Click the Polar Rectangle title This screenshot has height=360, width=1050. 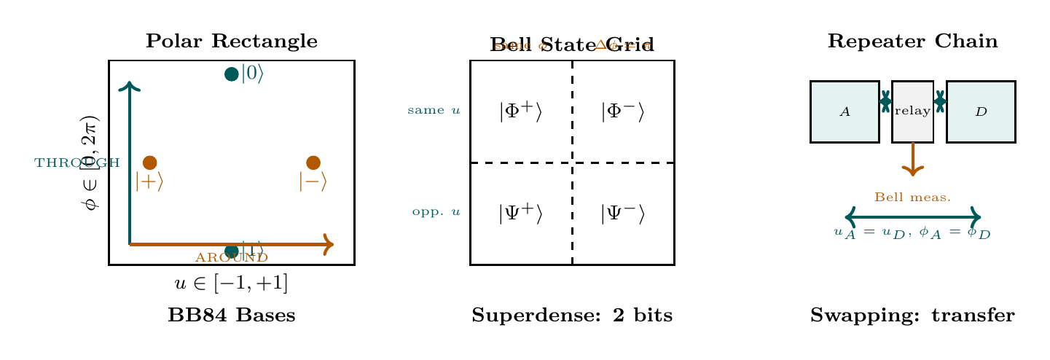tap(231, 42)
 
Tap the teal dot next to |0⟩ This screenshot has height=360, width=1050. tap(232, 74)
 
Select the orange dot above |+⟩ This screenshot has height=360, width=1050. tap(150, 163)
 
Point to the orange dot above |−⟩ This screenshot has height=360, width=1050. tap(313, 163)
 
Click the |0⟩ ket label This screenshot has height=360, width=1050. tap(251, 74)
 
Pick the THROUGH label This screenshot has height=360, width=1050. tap(77, 163)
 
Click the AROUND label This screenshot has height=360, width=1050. tap(232, 258)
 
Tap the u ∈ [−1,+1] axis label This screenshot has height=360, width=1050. tap(231, 283)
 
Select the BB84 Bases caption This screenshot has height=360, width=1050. tap(231, 316)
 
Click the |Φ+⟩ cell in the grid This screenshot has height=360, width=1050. tap(520, 111)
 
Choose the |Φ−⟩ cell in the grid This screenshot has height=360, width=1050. tap(622, 111)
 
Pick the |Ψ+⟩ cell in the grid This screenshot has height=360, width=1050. tap(520, 214)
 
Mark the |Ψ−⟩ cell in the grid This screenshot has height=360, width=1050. tap(622, 214)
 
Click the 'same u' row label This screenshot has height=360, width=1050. tap(434, 111)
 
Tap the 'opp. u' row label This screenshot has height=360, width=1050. tap(436, 213)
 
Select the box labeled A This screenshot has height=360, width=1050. tap(845, 111)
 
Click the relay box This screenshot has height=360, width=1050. tap(912, 111)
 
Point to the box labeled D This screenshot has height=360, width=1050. tap(981, 111)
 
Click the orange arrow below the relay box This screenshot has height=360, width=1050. tap(912, 160)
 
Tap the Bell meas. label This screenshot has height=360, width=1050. tap(912, 197)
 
